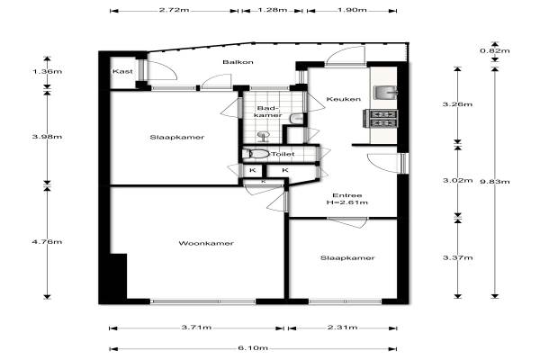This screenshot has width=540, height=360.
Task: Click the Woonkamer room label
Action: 206,243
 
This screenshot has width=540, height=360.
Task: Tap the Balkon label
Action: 238,62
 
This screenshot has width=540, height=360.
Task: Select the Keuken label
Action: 344,99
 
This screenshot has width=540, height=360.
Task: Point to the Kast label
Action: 122,71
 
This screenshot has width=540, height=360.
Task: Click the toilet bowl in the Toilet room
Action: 256,154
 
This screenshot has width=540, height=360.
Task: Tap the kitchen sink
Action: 385,93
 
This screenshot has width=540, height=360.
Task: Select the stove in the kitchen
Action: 380,118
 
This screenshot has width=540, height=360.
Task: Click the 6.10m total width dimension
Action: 253,348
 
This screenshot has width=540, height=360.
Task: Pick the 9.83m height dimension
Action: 494,182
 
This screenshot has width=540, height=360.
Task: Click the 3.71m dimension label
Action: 196,328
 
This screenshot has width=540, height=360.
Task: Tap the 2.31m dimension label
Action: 342,328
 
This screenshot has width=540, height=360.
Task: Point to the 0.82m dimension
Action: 494,51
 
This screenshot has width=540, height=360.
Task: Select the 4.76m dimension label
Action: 47,242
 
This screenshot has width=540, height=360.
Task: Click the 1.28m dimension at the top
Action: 272,10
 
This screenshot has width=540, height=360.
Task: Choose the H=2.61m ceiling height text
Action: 347,202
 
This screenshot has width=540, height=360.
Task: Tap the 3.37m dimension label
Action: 457,257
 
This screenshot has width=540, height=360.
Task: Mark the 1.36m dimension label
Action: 47,72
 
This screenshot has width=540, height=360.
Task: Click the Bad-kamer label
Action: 267,112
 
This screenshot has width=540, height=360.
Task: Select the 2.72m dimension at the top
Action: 174,10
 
